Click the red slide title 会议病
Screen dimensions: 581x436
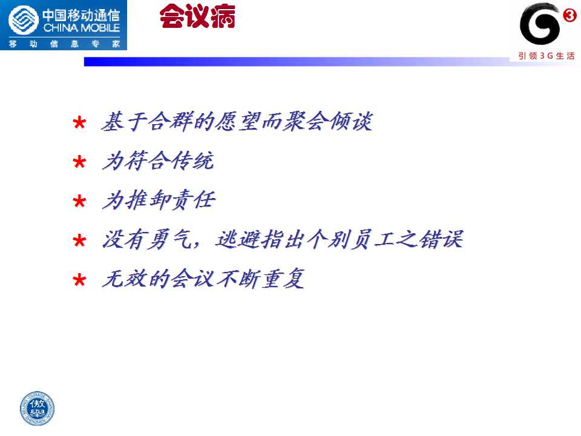pos(197,16)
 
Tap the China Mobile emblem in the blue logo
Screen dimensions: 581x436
pos(24,21)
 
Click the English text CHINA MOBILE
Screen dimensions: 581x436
pos(82,28)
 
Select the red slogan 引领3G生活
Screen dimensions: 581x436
pos(547,56)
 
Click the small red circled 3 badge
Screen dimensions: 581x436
pos(570,16)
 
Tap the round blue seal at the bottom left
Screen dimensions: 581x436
pos(37,408)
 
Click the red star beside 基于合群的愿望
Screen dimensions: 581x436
pos(80,122)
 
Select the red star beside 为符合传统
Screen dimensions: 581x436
pos(80,162)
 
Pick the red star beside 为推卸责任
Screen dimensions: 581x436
pos(80,201)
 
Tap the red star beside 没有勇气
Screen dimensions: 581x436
pos(80,241)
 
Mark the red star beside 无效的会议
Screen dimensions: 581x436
pos(80,280)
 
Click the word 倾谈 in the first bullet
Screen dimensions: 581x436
pos(351,121)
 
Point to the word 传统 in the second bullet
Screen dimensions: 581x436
pos(192,161)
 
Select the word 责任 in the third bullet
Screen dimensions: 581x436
pos(192,200)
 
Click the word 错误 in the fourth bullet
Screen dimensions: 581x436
pos(441,239)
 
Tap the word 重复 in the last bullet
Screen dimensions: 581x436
pos(283,279)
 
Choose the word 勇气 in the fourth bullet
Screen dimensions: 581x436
pos(170,240)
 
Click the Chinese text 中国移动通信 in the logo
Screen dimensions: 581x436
pos(82,15)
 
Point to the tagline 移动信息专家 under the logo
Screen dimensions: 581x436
pos(64,44)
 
